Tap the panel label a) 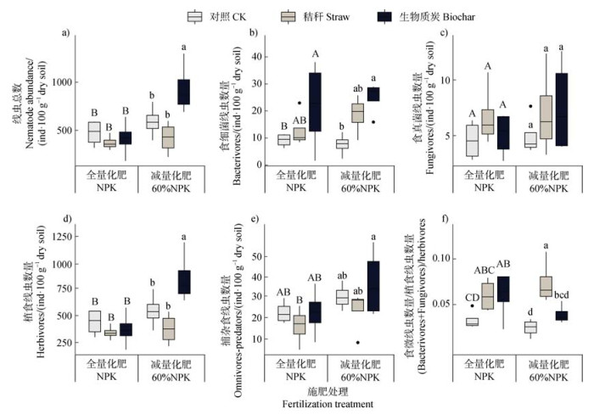pyautogui.click(x=65, y=35)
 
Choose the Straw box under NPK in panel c pyautogui.click(x=487, y=122)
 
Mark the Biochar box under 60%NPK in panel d pyautogui.click(x=183, y=282)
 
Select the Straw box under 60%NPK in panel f pyautogui.click(x=546, y=286)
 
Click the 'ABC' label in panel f pyautogui.click(x=486, y=271)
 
